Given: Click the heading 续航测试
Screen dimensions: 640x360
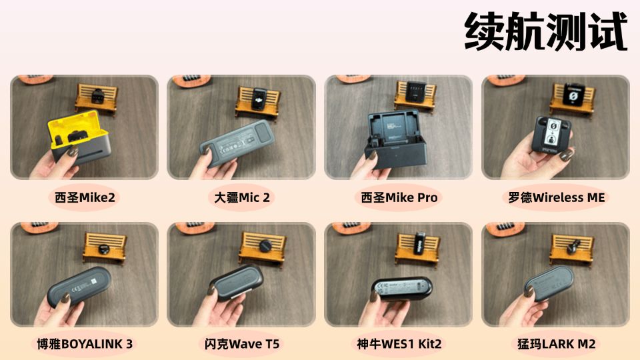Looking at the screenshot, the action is click(x=546, y=31).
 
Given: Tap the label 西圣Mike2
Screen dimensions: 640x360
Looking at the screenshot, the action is click(x=85, y=197).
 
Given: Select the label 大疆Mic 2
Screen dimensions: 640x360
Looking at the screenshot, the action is click(x=242, y=197).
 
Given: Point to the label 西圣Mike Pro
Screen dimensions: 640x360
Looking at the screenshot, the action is click(x=399, y=197).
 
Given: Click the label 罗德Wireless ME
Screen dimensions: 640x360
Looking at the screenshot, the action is click(x=556, y=197).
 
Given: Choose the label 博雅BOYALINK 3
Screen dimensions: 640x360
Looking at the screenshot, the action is click(x=85, y=344).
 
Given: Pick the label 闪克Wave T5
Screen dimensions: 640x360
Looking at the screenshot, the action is click(x=242, y=344).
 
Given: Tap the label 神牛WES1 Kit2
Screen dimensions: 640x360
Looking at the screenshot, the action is click(x=399, y=344).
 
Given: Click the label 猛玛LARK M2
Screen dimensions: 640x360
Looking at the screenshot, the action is click(x=556, y=344).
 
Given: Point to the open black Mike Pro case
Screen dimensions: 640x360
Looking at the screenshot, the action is click(x=395, y=139).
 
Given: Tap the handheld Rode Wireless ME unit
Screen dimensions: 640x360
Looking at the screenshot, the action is click(x=552, y=135).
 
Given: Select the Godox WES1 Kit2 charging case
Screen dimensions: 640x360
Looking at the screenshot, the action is click(x=401, y=289).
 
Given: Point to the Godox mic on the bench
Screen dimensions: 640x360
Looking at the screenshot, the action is click(x=419, y=243).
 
